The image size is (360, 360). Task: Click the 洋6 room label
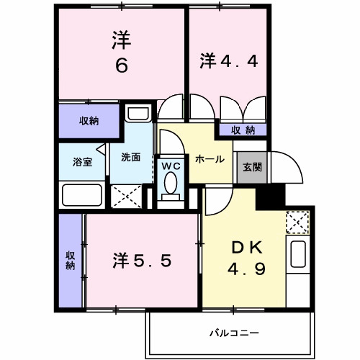click(120, 53)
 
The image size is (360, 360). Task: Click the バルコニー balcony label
click(234, 333)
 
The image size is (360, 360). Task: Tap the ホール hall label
click(210, 159)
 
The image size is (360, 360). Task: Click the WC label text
click(170, 166)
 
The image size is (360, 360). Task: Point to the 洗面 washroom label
click(130, 157)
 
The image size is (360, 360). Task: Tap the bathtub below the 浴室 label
click(81, 194)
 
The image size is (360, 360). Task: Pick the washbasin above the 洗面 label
click(137, 114)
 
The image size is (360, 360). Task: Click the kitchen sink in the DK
click(298, 256)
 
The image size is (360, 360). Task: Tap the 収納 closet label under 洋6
click(89, 122)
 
